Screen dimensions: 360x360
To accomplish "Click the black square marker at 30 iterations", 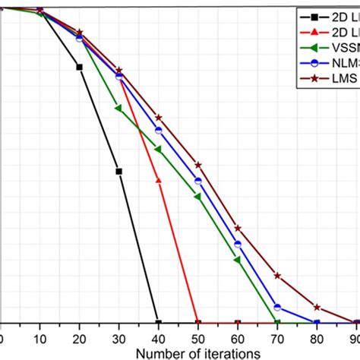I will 118,172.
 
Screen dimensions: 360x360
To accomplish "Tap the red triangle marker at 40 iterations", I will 158,180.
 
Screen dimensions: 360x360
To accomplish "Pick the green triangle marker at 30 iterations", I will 118,108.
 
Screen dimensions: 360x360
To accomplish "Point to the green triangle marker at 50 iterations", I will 197,197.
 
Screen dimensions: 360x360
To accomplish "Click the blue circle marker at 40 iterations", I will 158,130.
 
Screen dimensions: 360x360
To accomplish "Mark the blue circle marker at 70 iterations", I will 277,308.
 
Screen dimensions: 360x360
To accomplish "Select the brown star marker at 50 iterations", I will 198,165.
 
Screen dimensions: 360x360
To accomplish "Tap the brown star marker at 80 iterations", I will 317,308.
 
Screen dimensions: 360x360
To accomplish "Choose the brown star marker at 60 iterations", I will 238,228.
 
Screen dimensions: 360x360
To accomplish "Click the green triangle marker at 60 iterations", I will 237,261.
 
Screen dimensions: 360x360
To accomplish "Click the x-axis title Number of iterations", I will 198,352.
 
